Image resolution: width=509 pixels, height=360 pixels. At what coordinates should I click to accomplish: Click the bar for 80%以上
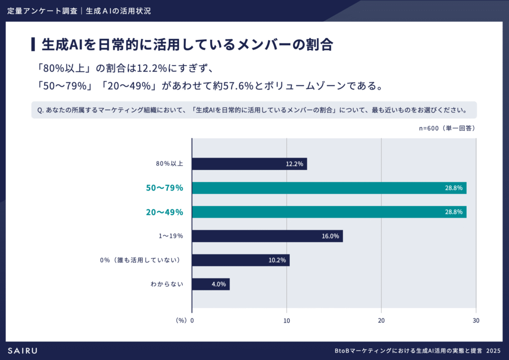pos(249,164)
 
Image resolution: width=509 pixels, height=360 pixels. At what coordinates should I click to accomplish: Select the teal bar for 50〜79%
pos(329,188)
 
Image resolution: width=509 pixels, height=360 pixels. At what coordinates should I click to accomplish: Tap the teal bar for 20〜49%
pos(329,212)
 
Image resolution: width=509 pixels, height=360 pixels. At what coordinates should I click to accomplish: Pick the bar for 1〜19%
pos(267,236)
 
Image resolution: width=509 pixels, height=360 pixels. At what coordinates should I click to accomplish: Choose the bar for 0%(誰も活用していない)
pos(241,260)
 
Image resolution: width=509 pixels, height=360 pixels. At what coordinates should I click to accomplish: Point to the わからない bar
pos(210,284)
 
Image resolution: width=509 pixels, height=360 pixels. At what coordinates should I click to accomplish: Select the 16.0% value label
pos(331,236)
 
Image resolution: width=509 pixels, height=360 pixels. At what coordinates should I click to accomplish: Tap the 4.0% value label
pos(219,284)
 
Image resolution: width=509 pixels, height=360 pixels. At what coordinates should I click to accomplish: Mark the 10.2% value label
pos(277,260)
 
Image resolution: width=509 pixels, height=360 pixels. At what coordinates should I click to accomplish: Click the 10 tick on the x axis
pos(287,321)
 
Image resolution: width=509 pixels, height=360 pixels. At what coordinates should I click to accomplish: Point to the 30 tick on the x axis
pos(476,321)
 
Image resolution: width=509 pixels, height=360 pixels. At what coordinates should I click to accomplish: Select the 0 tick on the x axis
pos(192,321)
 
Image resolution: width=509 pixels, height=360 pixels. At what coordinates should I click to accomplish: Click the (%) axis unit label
pos(181,321)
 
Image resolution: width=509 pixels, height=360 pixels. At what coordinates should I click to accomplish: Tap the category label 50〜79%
pos(165,188)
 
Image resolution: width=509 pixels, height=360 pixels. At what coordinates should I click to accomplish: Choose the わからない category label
pos(167,284)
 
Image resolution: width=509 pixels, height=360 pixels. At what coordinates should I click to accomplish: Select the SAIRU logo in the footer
pos(22,351)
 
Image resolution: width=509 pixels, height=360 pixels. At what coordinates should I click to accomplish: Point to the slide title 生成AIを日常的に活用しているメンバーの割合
pos(186,44)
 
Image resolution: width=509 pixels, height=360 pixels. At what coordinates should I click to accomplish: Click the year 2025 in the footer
pos(494,351)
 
